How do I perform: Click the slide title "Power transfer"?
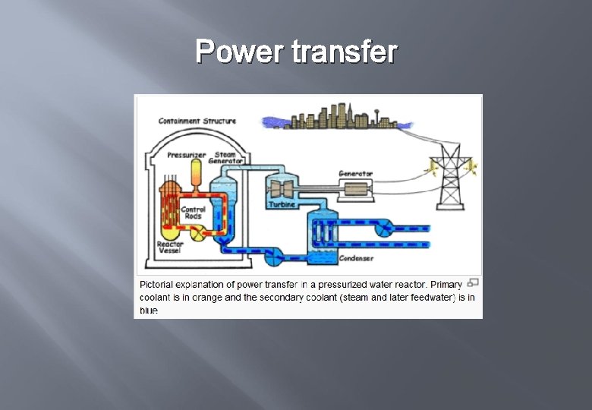point(296,52)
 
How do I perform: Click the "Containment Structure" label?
point(197,121)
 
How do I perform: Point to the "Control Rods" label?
point(193,213)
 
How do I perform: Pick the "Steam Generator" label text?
point(227,158)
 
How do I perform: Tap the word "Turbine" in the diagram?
point(282,205)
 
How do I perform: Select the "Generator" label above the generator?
point(355,174)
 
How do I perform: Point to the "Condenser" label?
point(356,259)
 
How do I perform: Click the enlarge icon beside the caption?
point(473,283)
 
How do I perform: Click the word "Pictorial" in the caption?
point(157,285)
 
